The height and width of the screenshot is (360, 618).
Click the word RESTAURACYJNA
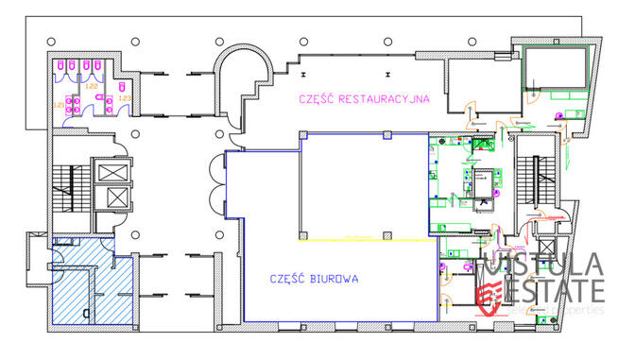click(385, 97)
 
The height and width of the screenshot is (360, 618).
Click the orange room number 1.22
click(92, 87)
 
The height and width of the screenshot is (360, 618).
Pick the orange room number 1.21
click(59, 104)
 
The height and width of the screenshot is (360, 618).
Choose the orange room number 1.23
click(125, 97)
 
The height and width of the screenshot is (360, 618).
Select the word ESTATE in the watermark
click(558, 289)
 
